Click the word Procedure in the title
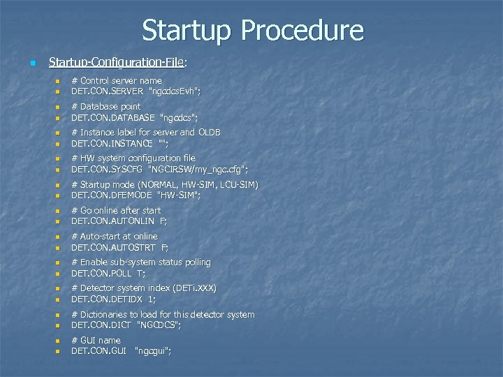tap(302, 31)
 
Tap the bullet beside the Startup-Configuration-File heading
tap(31, 64)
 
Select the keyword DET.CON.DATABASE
tap(113, 117)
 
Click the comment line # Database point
tap(106, 107)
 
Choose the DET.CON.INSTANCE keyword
tap(112, 143)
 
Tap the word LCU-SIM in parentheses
tap(238, 185)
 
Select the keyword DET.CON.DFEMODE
tap(112, 195)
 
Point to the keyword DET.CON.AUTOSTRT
tap(112, 247)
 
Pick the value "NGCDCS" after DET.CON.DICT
tap(161, 325)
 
